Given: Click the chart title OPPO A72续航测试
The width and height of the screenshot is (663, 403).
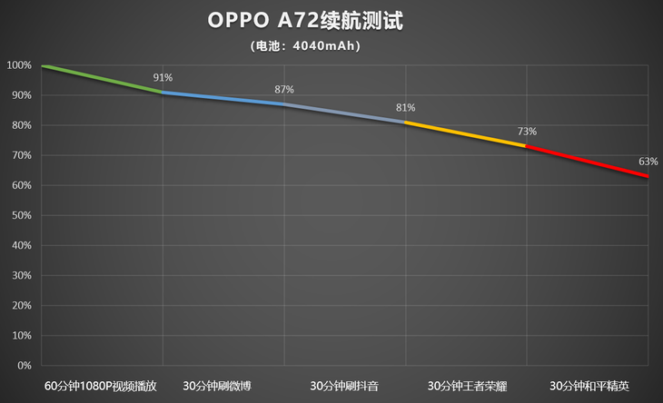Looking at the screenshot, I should click(305, 21).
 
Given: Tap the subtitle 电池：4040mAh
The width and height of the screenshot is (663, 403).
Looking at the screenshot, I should click(305, 46).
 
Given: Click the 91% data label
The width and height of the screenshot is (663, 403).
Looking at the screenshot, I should click(163, 78).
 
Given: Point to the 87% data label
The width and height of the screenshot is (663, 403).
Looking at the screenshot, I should click(284, 89).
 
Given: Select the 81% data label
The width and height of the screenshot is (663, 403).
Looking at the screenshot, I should click(405, 108).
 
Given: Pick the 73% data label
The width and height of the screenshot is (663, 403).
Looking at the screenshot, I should click(527, 132).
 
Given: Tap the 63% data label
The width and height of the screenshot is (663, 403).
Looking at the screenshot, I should click(648, 162).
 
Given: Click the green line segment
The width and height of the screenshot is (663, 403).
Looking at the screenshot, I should click(102, 79).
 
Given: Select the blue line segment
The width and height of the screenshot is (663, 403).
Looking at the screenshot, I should click(223, 98).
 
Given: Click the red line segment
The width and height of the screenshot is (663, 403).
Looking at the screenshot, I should click(588, 162).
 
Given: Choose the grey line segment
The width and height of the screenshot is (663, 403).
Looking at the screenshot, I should click(345, 113).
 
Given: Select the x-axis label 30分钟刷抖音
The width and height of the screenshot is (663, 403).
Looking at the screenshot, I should click(344, 385).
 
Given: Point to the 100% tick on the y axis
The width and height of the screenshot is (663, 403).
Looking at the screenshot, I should click(18, 65).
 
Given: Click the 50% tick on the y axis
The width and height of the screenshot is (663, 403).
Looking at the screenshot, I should click(20, 215).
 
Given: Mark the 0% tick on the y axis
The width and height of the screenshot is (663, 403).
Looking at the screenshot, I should click(24, 365).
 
